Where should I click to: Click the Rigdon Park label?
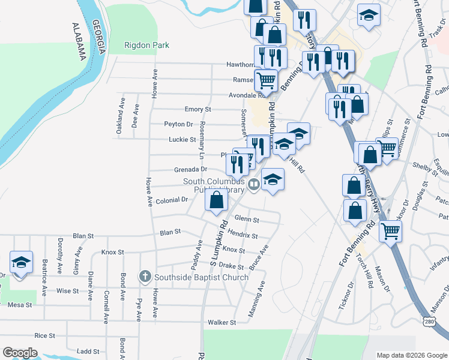coord(146,45)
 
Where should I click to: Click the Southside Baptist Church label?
coord(201,277)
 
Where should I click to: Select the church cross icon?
coord(145,277)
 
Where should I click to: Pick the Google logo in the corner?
coord(20,353)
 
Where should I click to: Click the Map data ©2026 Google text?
coord(411,355)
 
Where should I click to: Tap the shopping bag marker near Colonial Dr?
coord(217,200)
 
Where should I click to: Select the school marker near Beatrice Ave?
coord(21,263)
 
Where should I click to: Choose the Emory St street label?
coord(198,109)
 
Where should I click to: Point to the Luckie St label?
coord(185,139)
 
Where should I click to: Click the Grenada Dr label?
coord(190,169)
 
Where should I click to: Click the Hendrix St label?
coord(243,236)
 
